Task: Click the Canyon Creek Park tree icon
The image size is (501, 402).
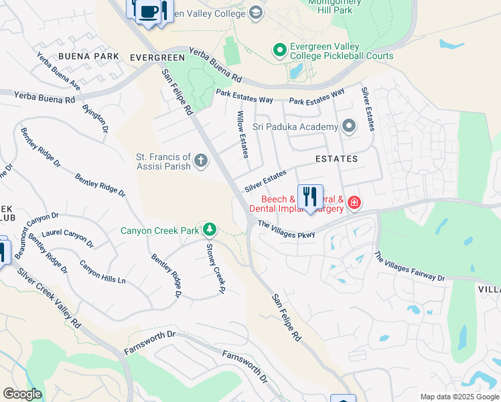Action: point(210,230)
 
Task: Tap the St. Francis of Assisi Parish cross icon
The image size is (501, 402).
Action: point(201,160)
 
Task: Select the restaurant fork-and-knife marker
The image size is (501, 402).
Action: point(309,198)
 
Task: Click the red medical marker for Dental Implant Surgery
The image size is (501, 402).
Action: point(353,202)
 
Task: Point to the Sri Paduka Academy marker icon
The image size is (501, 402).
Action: point(348,126)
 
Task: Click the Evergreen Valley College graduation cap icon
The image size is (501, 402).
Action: point(255,13)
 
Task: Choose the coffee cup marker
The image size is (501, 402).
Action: point(149,12)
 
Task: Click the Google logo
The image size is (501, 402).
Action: point(22,394)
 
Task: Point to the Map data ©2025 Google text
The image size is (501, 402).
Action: point(459,397)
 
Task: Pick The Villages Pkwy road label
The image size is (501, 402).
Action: point(287,229)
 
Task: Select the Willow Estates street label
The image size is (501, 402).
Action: point(242,135)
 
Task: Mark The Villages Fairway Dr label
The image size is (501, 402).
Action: point(409,266)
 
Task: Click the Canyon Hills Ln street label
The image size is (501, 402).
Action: point(102,270)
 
